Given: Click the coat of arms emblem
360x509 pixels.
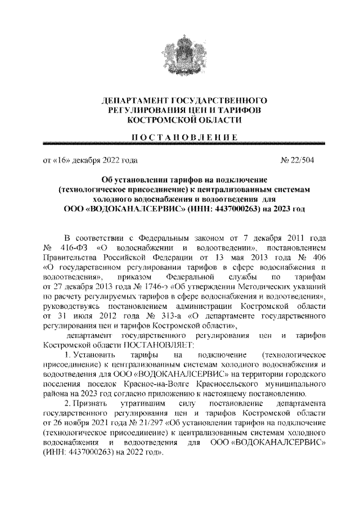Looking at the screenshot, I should pyautogui.click(x=181, y=53).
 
